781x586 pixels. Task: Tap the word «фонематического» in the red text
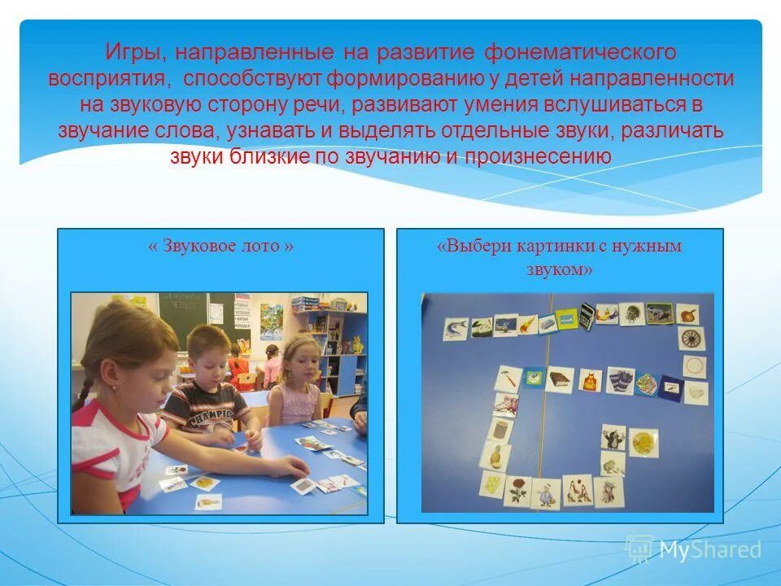(580, 54)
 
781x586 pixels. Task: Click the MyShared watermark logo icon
(639, 549)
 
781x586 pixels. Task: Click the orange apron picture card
(590, 380)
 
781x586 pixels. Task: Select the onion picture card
(687, 314)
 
